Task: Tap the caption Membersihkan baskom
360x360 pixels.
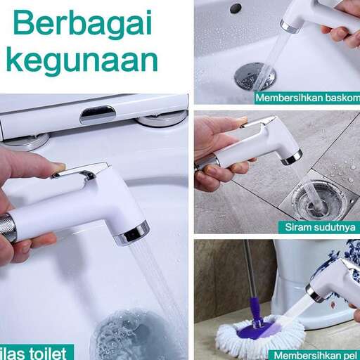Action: coord(308,98)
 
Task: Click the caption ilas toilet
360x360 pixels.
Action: coord(35,352)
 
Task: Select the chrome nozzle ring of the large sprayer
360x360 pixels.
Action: coord(134,232)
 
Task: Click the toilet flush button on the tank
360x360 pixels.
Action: coord(98,114)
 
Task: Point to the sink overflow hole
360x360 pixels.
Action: coord(236,8)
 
